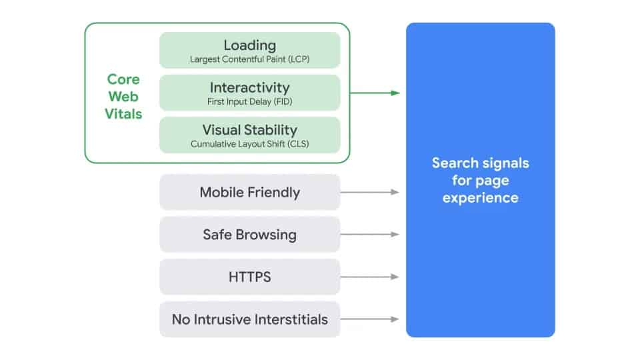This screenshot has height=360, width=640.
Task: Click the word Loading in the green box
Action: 249,45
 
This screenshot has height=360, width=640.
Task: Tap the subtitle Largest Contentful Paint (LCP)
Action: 249,59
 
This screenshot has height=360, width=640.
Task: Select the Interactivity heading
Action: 249,87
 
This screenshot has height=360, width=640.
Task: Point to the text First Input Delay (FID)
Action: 249,102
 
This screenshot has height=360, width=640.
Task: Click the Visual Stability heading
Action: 249,129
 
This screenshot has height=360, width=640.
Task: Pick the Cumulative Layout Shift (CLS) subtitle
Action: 249,144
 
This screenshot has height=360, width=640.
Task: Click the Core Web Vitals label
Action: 123,97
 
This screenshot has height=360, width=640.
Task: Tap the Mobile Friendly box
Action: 249,192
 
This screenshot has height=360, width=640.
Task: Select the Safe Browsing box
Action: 249,235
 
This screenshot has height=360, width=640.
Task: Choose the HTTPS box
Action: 249,277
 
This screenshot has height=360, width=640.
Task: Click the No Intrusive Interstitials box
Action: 249,319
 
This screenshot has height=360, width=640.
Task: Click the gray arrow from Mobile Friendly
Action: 370,192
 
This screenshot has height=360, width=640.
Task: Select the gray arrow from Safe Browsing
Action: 370,235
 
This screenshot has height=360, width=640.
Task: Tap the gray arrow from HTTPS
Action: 370,277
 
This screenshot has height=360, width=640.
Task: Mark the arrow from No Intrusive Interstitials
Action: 370,319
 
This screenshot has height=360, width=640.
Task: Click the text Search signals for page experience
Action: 480,180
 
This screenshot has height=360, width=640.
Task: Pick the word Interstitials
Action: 289,319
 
